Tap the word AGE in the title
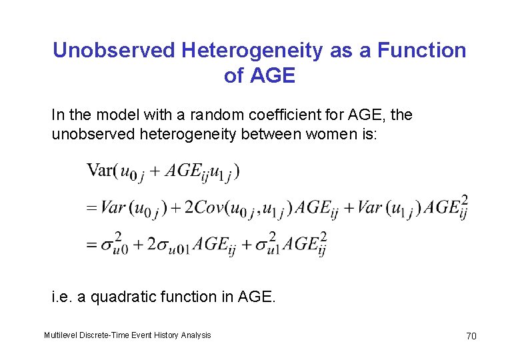point(272,76)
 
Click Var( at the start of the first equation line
point(101,171)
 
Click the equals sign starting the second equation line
point(91,209)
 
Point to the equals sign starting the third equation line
point(91,245)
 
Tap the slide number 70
point(471,336)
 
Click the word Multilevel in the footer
point(61,335)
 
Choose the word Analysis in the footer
point(195,335)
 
